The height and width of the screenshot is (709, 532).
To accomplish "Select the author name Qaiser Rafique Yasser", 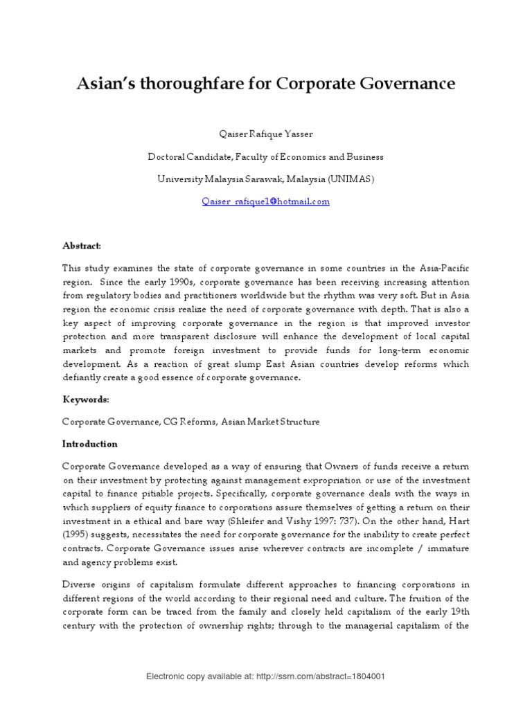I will coord(265,134).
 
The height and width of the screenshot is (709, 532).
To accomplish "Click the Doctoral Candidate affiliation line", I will coord(265,156).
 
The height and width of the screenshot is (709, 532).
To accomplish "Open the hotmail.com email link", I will coord(265,201).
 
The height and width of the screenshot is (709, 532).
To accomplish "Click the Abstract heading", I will coord(82,246).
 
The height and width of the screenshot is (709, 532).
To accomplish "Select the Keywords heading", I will coord(85,400).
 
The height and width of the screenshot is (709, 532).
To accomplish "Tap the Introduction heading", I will coord(90,444).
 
